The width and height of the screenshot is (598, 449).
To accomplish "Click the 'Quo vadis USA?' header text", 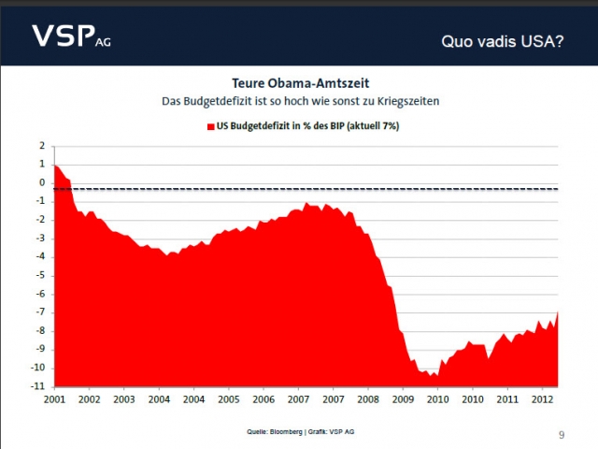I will tap(501, 42).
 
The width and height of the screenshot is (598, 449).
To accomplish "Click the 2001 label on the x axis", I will tap(55, 399).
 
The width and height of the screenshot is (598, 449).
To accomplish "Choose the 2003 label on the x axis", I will tap(124, 399).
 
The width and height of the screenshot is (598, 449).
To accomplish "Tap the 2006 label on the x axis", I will tap(263, 399).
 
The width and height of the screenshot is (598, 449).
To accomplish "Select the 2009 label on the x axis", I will tap(403, 399).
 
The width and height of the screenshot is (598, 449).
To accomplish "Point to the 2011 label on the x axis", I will tap(507, 399).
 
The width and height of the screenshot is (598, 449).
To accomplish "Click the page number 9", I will tap(562, 434).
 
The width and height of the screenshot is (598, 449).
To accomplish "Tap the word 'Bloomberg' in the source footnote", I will tap(281, 431).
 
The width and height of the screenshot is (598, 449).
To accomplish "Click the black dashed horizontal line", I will tap(374, 189).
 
